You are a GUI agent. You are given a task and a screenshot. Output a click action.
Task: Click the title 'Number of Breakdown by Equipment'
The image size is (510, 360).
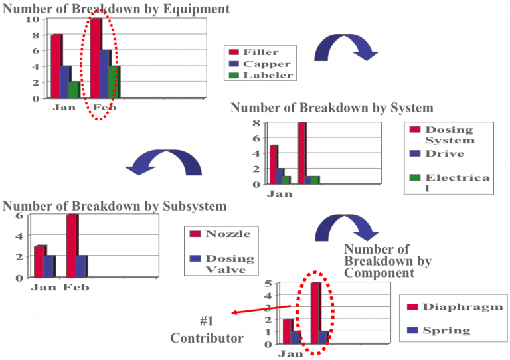[116, 9]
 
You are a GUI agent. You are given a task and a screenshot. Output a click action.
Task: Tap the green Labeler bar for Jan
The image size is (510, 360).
[73, 90]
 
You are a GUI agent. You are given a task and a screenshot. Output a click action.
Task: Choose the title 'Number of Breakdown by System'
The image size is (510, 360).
[331, 108]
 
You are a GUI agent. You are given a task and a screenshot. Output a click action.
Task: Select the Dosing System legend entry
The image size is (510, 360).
[449, 135]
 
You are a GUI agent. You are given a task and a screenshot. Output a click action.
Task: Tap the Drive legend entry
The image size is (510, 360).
[444, 153]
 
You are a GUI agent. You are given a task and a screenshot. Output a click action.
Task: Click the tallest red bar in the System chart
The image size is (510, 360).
[301, 153]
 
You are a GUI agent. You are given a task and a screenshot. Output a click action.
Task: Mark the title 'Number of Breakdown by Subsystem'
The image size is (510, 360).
[115, 206]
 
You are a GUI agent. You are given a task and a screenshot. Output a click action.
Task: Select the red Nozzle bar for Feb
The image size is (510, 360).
[71, 246]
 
